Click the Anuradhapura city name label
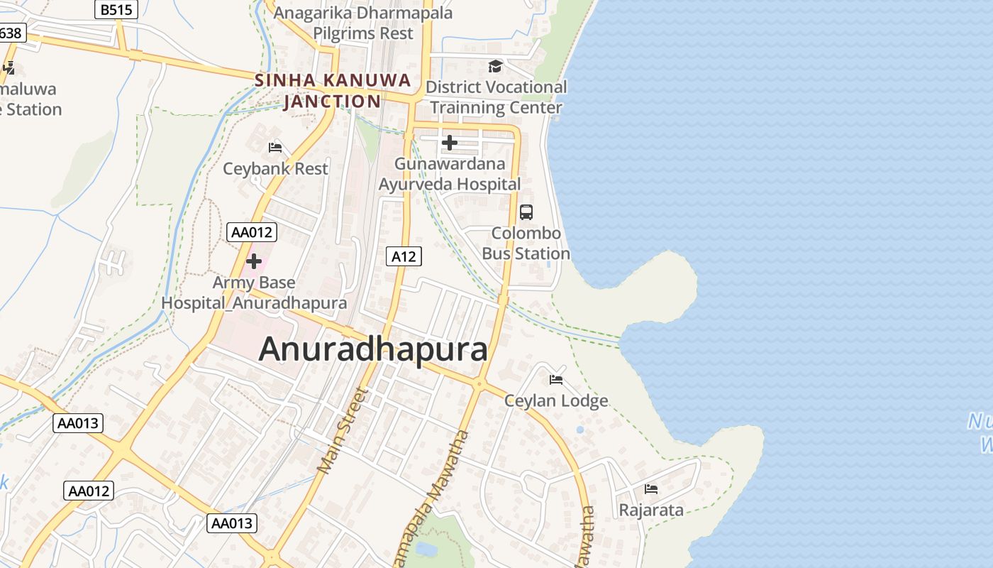click(374, 349)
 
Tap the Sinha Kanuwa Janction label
click(333, 90)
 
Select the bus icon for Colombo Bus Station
click(526, 212)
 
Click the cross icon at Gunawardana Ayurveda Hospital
click(449, 143)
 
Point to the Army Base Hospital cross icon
click(254, 261)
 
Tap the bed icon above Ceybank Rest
click(275, 148)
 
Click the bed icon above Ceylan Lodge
click(556, 380)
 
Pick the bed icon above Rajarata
click(651, 488)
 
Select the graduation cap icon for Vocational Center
click(495, 66)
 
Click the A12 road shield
click(404, 256)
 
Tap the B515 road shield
click(116, 9)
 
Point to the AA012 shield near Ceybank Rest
click(252, 232)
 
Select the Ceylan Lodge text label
click(556, 401)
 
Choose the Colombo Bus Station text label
click(526, 244)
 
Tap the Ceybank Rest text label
click(275, 169)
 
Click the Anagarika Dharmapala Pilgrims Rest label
click(363, 23)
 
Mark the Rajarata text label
click(651, 510)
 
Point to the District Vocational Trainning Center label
click(496, 97)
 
